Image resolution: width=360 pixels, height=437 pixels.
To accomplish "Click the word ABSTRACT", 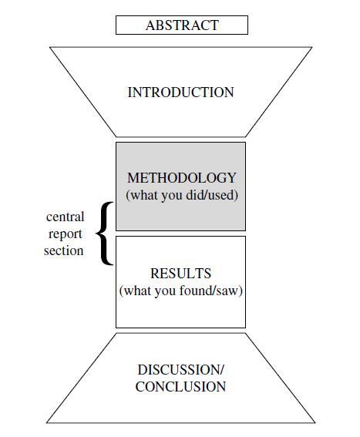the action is coord(182,25).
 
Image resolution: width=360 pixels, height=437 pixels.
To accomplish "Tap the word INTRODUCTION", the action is coord(180,92).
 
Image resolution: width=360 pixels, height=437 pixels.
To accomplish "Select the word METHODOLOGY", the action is coord(182,178).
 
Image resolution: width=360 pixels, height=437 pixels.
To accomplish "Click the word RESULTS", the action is coord(180,274).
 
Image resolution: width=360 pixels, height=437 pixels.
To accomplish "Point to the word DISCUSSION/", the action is coord(180,370).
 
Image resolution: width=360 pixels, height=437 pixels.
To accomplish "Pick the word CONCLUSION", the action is coord(180,387).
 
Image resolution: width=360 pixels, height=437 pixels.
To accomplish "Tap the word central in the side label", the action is coord(66,217).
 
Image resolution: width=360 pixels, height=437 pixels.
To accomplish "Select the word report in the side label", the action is coord(66,234).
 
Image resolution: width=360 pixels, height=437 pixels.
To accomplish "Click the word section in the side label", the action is coord(64,250).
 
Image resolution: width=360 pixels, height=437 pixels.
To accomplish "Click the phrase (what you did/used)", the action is coord(182,195).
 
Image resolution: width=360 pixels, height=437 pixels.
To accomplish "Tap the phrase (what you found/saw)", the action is coord(180,291).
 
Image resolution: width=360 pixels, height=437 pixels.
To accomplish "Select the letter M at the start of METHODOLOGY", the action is coord(133,178).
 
